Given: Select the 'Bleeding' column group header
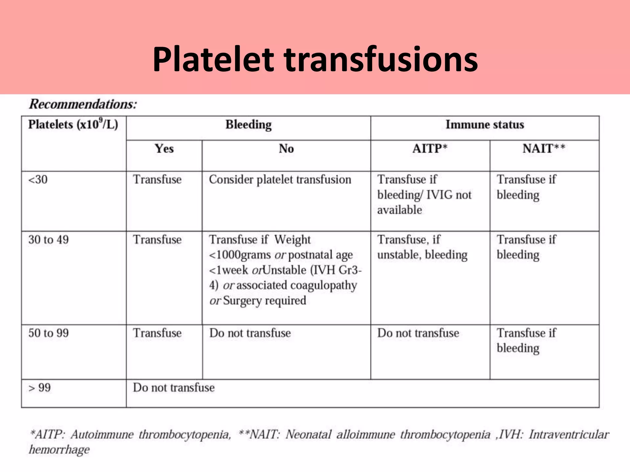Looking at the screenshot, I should tap(248, 125).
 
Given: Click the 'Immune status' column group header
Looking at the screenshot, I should tap(485, 125).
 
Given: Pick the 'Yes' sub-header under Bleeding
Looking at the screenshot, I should tap(164, 149).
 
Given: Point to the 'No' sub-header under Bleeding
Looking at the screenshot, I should tap(286, 149).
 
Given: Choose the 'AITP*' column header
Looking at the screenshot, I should tap(430, 149).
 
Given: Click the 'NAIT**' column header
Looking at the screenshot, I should tap(544, 149).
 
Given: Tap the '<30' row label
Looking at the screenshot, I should tap(38, 180).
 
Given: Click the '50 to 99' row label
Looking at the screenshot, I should tap(49, 333).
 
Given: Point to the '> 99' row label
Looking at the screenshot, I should tap(40, 388).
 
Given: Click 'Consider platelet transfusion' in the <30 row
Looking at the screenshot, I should tap(280, 180).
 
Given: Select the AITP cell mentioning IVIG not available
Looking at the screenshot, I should tap(424, 195).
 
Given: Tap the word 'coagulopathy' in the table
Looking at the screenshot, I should tap(324, 285).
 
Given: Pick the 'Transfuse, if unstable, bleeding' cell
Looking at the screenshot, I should tap(422, 247).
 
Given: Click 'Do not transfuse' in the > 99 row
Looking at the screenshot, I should tap(174, 388).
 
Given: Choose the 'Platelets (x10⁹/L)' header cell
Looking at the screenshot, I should tap(73, 125).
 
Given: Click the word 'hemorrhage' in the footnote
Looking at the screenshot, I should tap(59, 450).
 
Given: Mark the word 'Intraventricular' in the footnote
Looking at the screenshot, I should tap(569, 435).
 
